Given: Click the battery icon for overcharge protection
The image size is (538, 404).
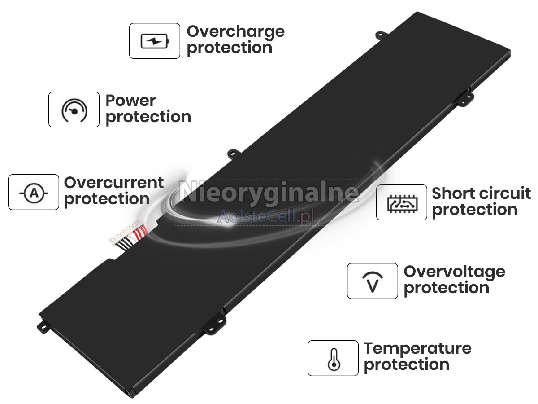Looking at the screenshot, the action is point(155,41).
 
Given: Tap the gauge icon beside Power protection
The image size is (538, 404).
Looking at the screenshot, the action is point(74,110).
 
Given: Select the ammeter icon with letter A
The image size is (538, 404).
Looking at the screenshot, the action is point(34,193).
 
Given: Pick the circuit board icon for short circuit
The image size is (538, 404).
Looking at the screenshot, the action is point(402,204).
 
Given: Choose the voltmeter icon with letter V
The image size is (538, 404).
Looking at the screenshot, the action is point(373,282).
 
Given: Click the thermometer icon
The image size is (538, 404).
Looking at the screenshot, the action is point(334,360).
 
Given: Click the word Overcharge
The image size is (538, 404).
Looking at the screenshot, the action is point(235,32).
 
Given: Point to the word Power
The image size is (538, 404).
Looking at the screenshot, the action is point(130,100).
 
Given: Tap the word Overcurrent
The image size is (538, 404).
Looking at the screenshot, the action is point(114,183).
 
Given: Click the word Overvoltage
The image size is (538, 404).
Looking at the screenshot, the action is point(455,272).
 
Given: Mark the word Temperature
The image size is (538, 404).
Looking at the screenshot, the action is point(417,349).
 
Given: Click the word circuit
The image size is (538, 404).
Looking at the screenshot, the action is point(503,193).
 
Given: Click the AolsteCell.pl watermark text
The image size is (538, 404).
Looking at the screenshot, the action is point(265,216).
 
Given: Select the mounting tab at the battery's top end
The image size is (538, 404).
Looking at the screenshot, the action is point(381,35).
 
